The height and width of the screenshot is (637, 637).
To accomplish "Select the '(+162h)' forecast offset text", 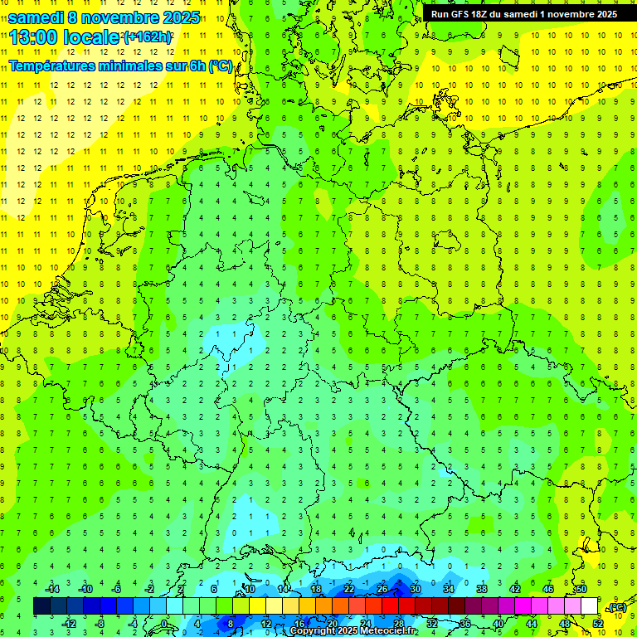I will (148, 37).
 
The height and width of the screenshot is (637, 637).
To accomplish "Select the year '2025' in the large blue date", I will (176, 17).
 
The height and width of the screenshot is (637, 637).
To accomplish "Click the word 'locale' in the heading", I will (95, 38).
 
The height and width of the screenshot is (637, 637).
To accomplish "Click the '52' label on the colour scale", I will (598, 623).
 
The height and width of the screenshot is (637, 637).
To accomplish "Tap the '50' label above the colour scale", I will (581, 589).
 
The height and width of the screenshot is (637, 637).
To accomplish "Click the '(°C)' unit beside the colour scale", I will (617, 607).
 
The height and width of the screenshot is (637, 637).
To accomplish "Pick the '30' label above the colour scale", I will (416, 589).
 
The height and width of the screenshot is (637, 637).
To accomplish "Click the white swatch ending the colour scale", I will (590, 605).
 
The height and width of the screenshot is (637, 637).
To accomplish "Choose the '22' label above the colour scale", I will (349, 589).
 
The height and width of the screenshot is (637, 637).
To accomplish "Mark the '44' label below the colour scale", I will (532, 623).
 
